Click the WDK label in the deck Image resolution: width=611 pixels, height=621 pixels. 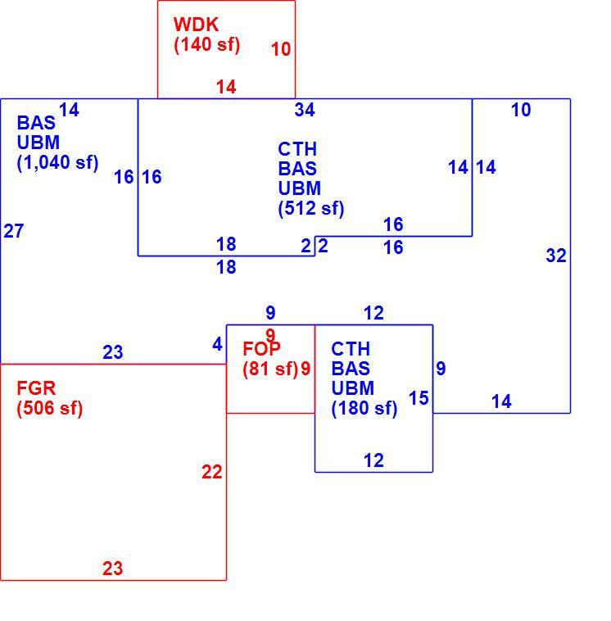(x=196, y=25)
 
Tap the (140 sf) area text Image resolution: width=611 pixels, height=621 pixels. (x=206, y=44)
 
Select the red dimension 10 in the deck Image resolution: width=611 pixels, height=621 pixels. (x=281, y=49)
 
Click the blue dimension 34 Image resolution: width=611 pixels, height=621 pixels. (x=305, y=110)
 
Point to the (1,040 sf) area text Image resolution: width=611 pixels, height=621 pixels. (x=57, y=162)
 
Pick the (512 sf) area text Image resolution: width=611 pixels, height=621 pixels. (x=311, y=208)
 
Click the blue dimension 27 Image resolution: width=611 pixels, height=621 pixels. (x=14, y=231)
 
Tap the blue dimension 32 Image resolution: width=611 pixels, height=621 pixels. (x=556, y=256)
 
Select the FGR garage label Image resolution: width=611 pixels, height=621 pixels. (x=36, y=388)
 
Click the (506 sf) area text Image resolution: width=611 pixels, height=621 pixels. (x=49, y=408)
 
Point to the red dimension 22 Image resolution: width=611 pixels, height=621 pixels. (x=212, y=472)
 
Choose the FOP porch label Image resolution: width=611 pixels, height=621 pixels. (x=261, y=349)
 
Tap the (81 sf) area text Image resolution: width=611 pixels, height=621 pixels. (x=270, y=369)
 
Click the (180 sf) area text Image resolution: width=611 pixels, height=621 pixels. (x=364, y=408)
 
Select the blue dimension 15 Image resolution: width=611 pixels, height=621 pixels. (x=419, y=398)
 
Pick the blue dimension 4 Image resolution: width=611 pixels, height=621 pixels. (x=217, y=345)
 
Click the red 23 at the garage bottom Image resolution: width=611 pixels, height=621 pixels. (x=113, y=569)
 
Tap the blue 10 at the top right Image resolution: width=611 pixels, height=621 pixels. (x=521, y=110)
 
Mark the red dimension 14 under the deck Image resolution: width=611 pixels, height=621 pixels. (x=226, y=87)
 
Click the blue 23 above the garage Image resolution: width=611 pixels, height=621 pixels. (x=113, y=352)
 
